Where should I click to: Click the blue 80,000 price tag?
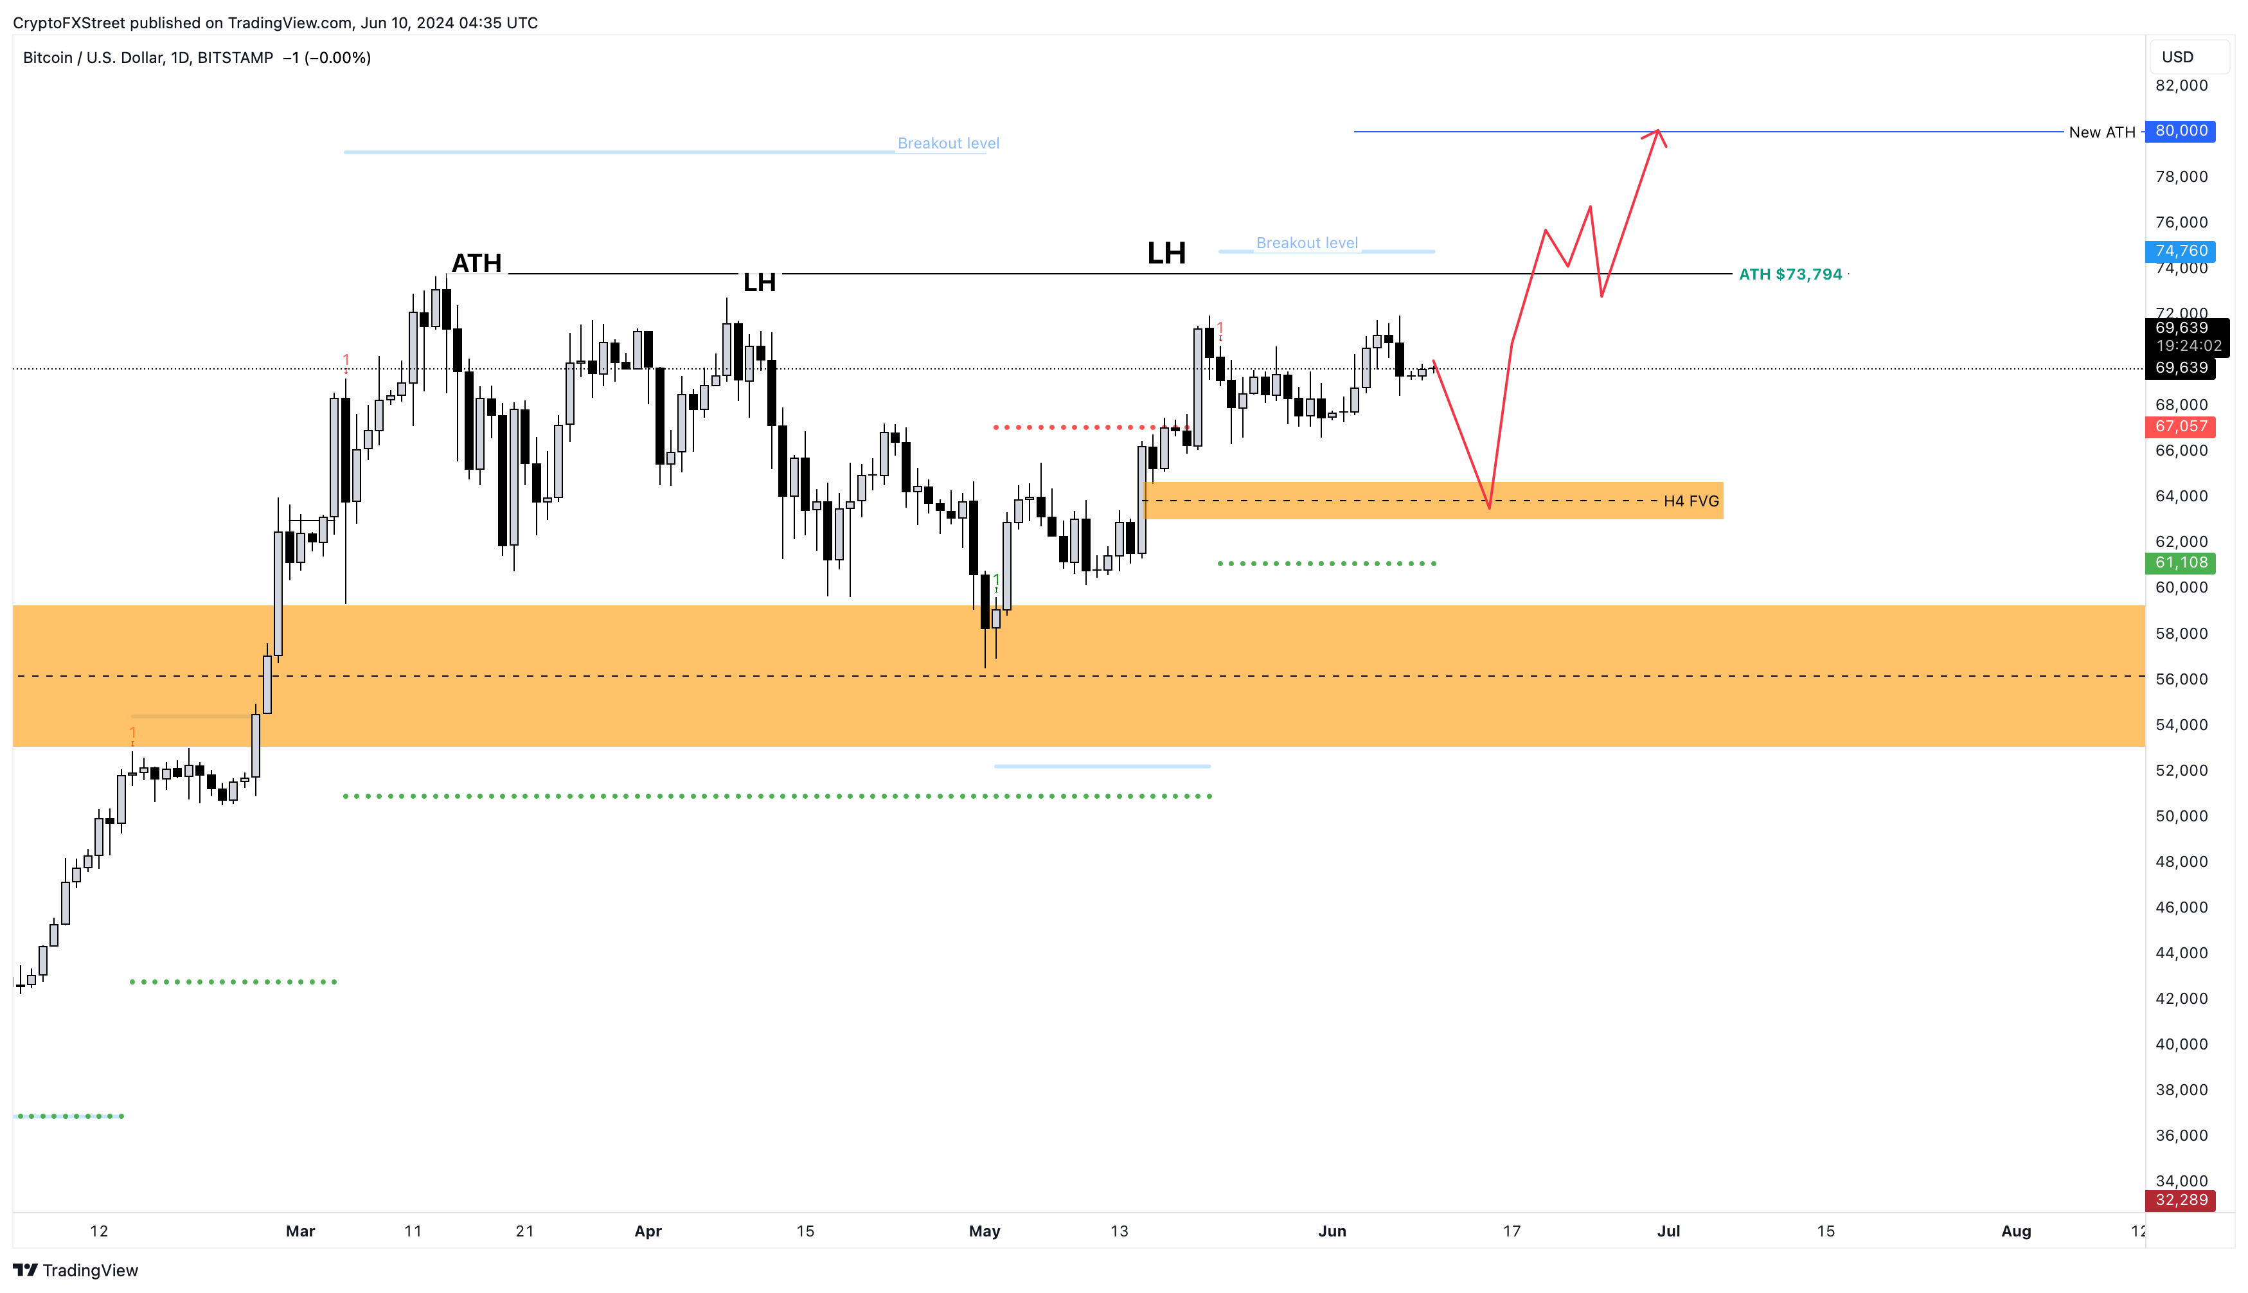pyautogui.click(x=2180, y=132)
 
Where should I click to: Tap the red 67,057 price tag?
pyautogui.click(x=2180, y=426)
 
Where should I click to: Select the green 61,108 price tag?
pyautogui.click(x=2180, y=562)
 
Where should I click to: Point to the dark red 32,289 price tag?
pyautogui.click(x=2180, y=1200)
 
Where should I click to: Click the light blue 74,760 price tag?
pyautogui.click(x=2180, y=251)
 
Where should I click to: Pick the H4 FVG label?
pyautogui.click(x=1690, y=502)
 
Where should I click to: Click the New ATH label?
pyautogui.click(x=2101, y=132)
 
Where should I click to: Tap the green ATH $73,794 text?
pyautogui.click(x=1790, y=274)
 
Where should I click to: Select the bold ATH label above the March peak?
pyautogui.click(x=477, y=263)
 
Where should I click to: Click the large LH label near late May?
pyautogui.click(x=1166, y=253)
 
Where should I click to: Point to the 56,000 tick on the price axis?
pyautogui.click(x=2181, y=679)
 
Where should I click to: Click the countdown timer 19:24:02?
pyautogui.click(x=2188, y=346)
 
